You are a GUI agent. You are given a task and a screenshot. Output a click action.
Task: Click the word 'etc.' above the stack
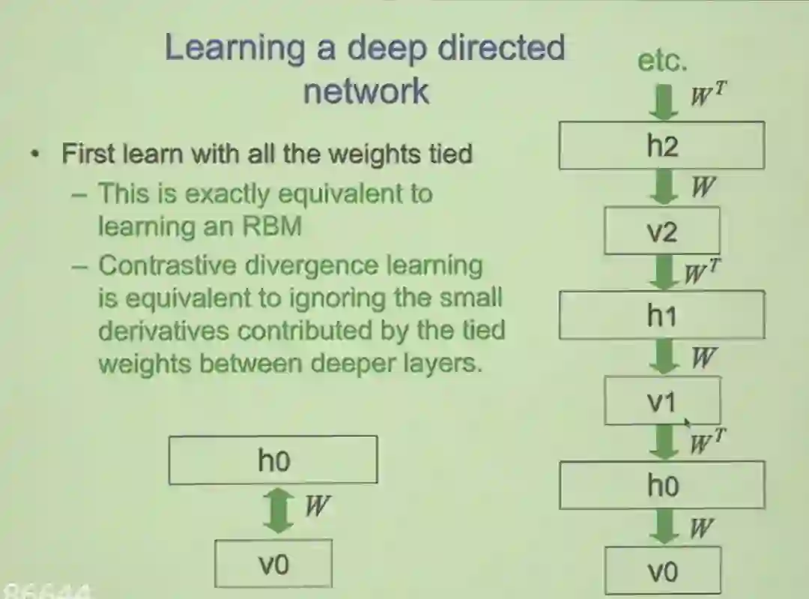pos(662,61)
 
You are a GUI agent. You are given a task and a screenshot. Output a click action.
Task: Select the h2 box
pos(661,145)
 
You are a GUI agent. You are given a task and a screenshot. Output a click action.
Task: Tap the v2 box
pos(661,231)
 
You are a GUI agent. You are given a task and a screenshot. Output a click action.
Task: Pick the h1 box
pos(661,315)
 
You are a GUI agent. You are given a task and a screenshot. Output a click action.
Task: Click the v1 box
pos(661,402)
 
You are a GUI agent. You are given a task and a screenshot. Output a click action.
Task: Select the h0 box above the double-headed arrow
pos(273,460)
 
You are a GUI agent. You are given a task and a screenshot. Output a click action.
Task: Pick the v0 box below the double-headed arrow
pos(273,564)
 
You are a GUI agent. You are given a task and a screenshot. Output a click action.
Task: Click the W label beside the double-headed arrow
pos(317,507)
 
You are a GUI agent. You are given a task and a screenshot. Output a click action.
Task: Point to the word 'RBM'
pos(270,226)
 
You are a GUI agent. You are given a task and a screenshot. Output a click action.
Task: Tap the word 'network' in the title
pos(366,91)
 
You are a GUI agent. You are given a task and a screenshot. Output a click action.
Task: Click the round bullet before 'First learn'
pos(34,155)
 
